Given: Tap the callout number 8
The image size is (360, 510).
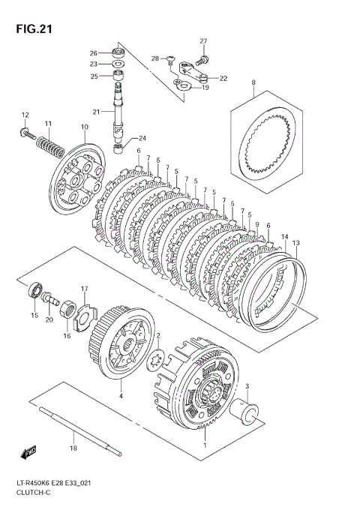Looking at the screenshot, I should [x=253, y=82].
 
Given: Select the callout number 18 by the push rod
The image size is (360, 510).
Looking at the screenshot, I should [x=73, y=448].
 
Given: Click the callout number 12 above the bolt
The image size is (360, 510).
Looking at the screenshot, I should [x=25, y=115].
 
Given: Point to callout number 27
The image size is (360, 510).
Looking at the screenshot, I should [x=202, y=40].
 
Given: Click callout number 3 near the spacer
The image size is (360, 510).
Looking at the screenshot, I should [x=247, y=386].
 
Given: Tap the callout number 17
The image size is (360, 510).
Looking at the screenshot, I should [x=85, y=289].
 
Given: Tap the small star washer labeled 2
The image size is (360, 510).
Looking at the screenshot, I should [x=157, y=357].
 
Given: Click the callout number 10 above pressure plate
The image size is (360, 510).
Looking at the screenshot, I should [x=84, y=127].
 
